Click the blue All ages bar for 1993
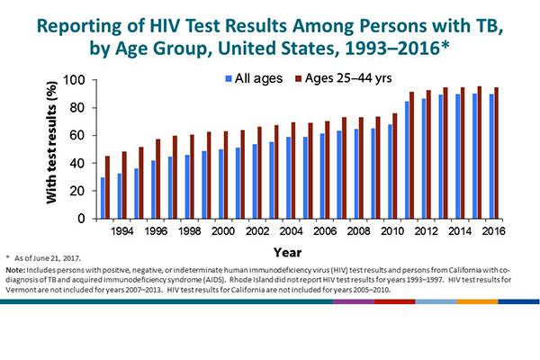103,198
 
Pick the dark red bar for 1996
158,179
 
